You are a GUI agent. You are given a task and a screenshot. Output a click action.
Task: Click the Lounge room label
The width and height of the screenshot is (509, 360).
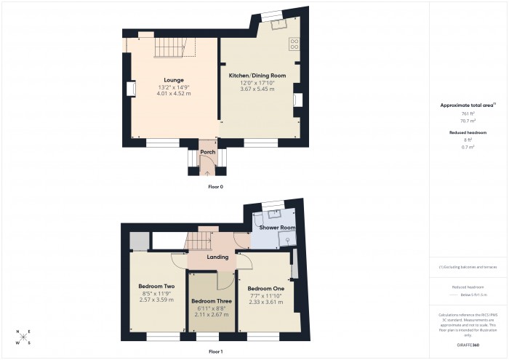[x=173, y=80]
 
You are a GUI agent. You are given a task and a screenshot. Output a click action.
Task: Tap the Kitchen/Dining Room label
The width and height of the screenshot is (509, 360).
[x=257, y=76]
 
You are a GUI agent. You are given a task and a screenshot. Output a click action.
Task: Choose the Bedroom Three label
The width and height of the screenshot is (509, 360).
[x=212, y=301]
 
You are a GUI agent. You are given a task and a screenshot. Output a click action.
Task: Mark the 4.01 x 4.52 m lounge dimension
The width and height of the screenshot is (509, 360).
[x=173, y=93]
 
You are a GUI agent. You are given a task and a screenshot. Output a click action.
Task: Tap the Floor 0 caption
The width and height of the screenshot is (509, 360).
[x=215, y=187]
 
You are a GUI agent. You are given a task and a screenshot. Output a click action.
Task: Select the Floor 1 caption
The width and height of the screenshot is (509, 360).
[x=215, y=351]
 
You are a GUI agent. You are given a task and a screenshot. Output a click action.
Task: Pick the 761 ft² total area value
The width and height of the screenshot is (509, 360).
[x=467, y=114]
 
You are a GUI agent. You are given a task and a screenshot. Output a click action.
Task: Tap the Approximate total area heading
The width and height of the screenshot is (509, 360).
[x=466, y=105]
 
